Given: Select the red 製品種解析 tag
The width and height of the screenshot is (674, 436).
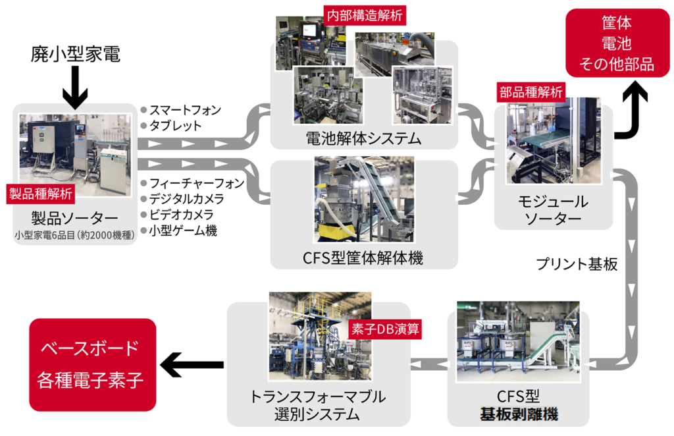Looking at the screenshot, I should tap(41, 193).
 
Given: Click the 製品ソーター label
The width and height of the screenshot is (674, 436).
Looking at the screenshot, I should tap(75, 217).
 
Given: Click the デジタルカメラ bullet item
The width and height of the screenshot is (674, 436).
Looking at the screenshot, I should tap(186, 199).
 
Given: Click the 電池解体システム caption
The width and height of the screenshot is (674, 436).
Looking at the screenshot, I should tap(363, 139).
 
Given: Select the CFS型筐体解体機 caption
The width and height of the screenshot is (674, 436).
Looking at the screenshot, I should tap(363, 258).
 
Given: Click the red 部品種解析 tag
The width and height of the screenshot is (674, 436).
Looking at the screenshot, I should tap(531, 93).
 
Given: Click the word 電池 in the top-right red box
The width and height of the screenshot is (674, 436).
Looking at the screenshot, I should tap(617, 43).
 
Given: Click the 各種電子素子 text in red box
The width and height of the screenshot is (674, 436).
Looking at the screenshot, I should tap(92, 380).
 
